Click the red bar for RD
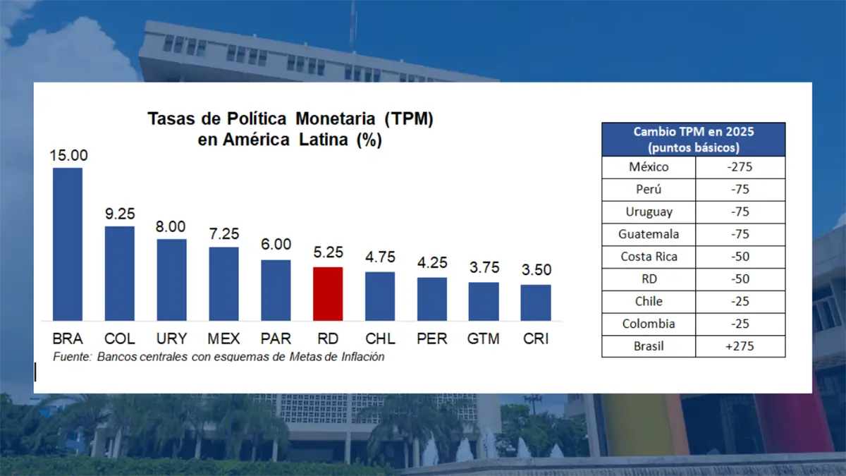pos(328,293)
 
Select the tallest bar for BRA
pos(68,244)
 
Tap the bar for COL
pos(120,273)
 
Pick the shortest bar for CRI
pos(536,303)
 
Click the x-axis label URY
pos(171,338)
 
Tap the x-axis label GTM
pos(484,338)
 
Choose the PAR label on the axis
pos(276,338)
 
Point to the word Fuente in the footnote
pos(72,357)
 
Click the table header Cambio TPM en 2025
pos(693,132)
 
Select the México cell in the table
pos(649,167)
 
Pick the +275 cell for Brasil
pos(740,346)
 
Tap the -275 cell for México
pos(740,167)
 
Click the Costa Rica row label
pos(649,257)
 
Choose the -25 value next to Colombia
pos(740,324)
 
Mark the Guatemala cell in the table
pos(649,234)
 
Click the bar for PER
pos(432,299)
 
